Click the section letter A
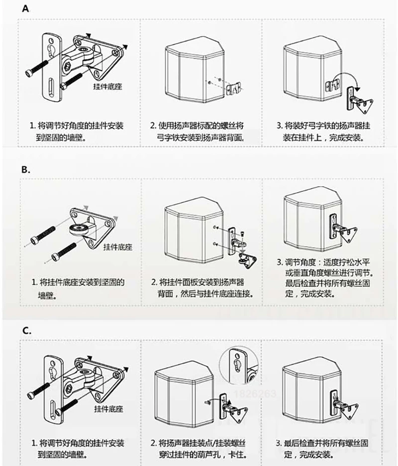tap(25, 8)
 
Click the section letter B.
tap(26, 169)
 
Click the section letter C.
tap(27, 330)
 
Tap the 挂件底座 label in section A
tap(107, 86)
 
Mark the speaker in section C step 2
tap(182, 395)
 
